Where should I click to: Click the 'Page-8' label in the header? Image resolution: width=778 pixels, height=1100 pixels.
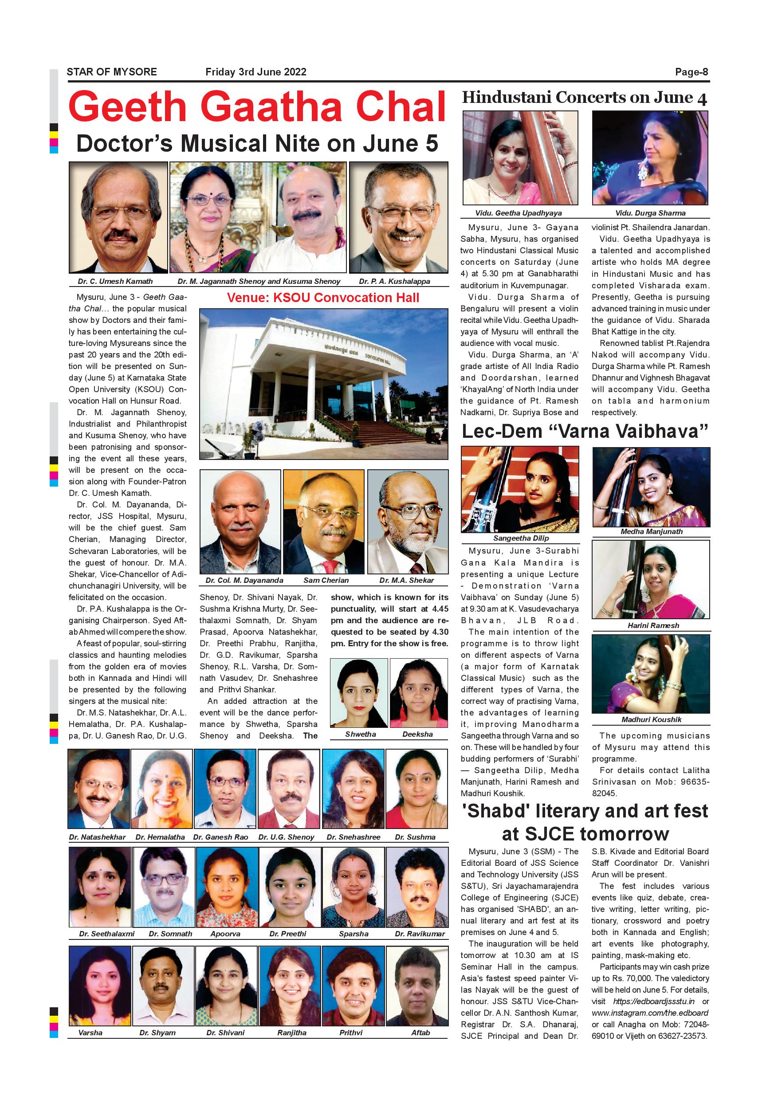[x=692, y=72]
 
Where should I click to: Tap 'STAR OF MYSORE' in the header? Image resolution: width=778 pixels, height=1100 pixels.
[x=112, y=72]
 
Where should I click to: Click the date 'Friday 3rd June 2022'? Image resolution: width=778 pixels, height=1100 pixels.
[x=256, y=72]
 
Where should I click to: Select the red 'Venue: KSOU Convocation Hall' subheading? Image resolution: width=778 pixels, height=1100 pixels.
[x=323, y=298]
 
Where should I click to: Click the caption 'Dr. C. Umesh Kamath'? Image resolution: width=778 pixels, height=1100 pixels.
[x=115, y=281]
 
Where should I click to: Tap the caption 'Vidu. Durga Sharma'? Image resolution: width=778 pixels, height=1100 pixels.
[x=650, y=213]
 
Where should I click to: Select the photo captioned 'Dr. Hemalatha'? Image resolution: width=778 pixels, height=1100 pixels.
[x=161, y=789]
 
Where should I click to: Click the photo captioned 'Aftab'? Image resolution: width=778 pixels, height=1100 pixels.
[x=417, y=986]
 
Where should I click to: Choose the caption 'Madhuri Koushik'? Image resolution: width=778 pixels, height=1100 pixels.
[x=651, y=719]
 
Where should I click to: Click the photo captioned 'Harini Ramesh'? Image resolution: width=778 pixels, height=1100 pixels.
[x=651, y=579]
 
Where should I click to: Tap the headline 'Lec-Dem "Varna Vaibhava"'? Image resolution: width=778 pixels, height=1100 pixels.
[x=585, y=431]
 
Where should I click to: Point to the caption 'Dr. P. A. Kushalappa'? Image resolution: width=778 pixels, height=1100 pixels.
[x=394, y=281]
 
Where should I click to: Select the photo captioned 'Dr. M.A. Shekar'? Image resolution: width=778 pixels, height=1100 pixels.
[x=408, y=522]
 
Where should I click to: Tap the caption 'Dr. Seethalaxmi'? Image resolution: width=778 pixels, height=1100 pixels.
[x=106, y=934]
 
